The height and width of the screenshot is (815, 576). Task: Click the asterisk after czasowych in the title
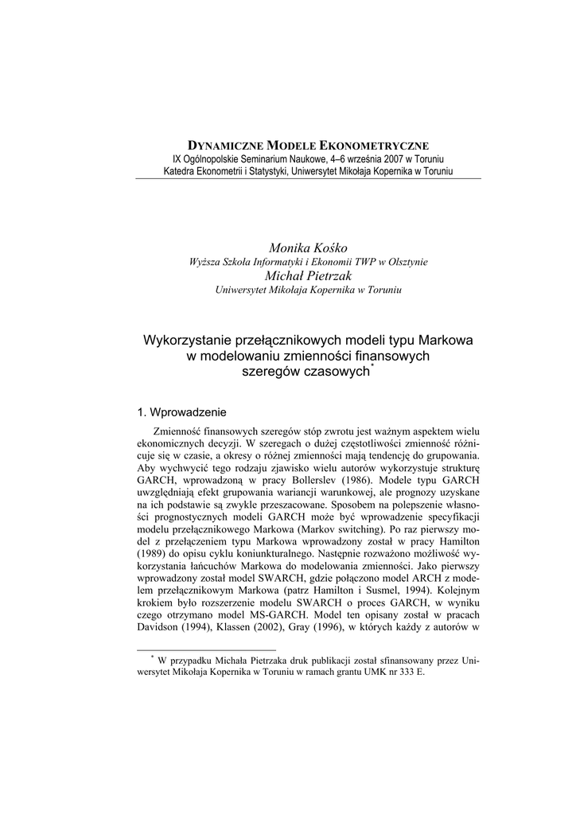coord(373,367)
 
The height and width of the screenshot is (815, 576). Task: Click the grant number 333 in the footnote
coord(403,673)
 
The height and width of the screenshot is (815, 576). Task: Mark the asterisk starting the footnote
coord(152,657)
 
